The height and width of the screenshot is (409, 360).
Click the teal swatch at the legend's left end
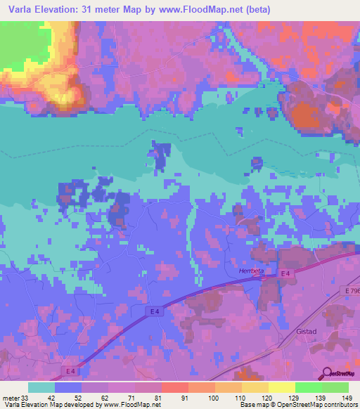tap(41, 387)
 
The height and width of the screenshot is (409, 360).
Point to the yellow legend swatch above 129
tap(282, 387)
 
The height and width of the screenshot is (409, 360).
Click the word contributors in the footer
tap(339, 404)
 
